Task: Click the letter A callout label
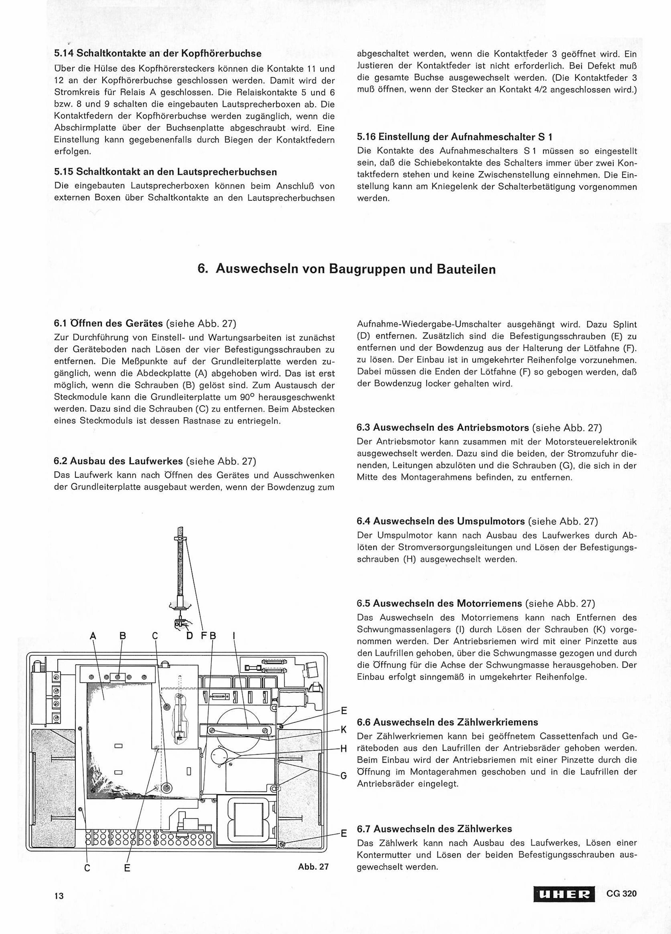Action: click(x=93, y=636)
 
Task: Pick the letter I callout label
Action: click(x=234, y=636)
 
